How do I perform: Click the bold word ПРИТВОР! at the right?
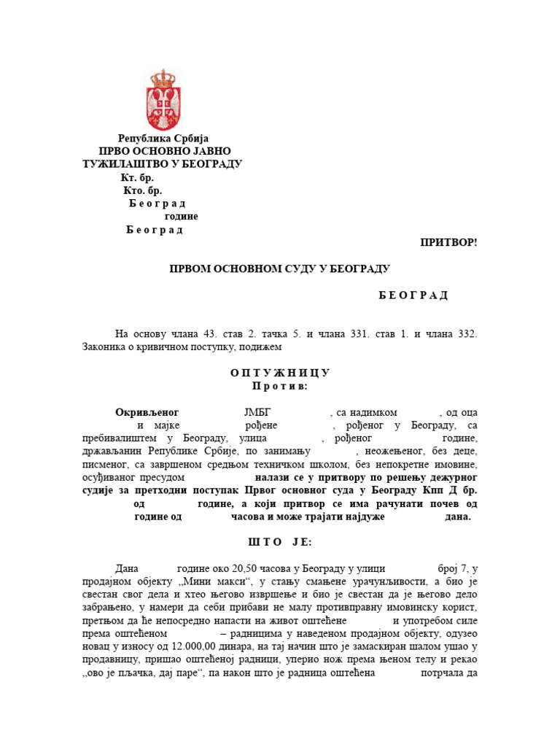[448, 242]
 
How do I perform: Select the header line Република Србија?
[163, 138]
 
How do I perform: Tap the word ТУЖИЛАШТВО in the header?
[122, 164]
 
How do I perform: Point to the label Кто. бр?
[143, 190]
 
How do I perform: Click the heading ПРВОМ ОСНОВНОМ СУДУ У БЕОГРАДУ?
[280, 268]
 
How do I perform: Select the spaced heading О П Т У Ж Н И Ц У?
[280, 373]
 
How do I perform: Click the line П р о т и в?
[280, 385]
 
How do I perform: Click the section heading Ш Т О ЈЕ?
[280, 543]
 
